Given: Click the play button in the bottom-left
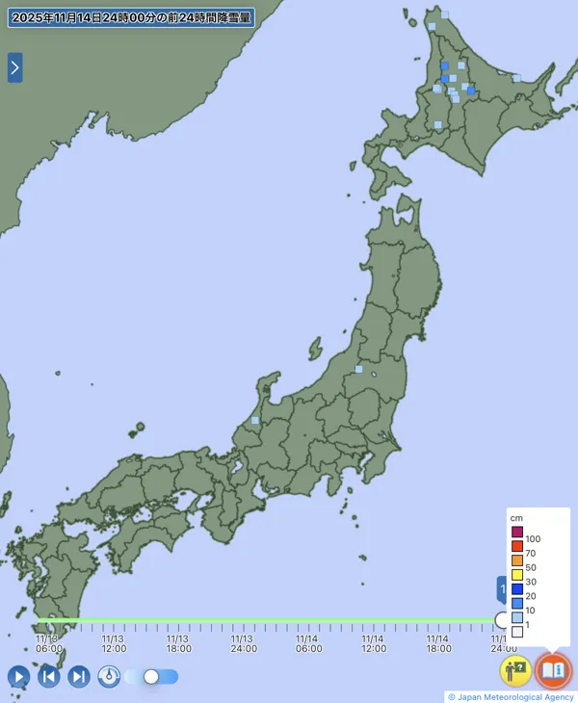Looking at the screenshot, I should point(18,676).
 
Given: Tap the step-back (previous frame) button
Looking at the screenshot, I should point(49,676).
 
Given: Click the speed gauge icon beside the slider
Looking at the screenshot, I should point(110,676).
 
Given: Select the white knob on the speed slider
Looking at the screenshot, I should point(151,676).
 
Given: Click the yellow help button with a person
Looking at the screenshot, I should point(515,669).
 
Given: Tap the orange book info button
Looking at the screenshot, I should point(553,669).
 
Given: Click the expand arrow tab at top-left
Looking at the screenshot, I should point(14,67).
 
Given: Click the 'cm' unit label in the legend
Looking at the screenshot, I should point(516,518).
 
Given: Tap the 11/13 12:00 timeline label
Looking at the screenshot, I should point(113,643).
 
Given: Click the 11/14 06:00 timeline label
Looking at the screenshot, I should point(307,643).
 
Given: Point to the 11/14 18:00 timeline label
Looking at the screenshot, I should point(437,643).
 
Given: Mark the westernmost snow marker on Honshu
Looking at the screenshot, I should point(255,420).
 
